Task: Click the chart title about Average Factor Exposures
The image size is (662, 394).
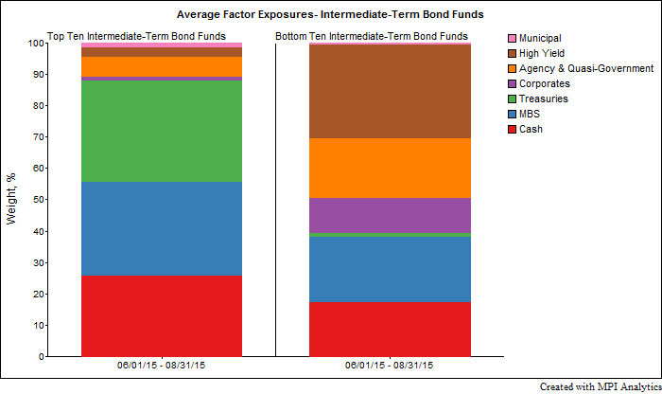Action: (330, 14)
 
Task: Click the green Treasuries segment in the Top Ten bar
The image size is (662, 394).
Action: (161, 132)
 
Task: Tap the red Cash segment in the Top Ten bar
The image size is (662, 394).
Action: (161, 316)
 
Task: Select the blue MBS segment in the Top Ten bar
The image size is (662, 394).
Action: (161, 228)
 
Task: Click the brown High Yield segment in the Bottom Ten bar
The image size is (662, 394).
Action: (390, 92)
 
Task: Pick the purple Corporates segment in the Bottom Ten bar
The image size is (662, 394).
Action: (390, 215)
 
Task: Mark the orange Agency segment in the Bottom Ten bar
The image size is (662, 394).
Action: (390, 168)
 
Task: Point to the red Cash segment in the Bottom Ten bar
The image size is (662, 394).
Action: (390, 330)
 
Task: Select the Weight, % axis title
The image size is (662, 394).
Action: (12, 199)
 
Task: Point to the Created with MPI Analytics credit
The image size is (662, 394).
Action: (601, 386)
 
